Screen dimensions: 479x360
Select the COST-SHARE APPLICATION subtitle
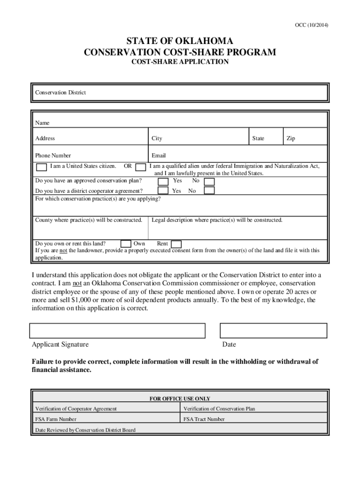click(x=180, y=62)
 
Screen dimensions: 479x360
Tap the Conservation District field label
click(x=60, y=93)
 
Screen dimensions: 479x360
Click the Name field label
click(x=42, y=123)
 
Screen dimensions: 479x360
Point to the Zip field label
click(x=290, y=138)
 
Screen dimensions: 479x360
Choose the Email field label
click(x=158, y=156)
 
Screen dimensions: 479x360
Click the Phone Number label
click(x=53, y=156)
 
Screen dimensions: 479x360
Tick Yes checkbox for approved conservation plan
click(x=163, y=181)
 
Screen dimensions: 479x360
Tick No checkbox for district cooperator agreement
click(x=209, y=190)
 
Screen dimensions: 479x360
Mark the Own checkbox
click(x=126, y=244)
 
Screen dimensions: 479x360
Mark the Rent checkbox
click(x=176, y=244)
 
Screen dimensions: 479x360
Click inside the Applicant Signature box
click(x=117, y=330)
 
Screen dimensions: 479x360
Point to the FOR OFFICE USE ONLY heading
click(x=180, y=399)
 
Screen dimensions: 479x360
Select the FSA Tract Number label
click(x=204, y=419)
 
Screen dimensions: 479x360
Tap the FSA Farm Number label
click(x=56, y=419)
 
